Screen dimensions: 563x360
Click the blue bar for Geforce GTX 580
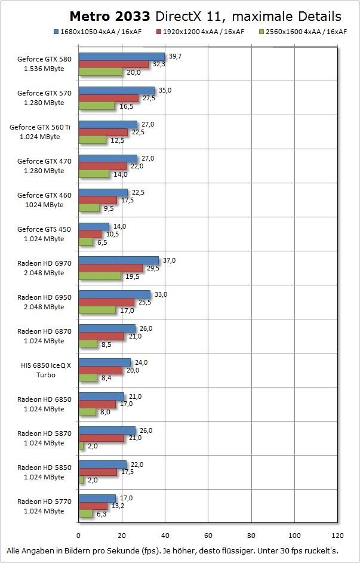(122, 56)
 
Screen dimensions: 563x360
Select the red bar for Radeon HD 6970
(110, 268)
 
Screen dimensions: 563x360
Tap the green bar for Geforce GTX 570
(96, 106)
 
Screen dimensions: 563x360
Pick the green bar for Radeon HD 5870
(81, 446)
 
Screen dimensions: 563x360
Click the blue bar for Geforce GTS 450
(94, 226)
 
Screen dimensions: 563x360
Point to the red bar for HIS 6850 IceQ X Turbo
(100, 370)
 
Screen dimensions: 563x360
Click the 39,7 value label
(176, 56)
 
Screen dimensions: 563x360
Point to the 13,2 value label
(117, 506)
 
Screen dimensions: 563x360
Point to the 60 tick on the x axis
(208, 535)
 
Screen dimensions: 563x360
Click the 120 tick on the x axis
(338, 535)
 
